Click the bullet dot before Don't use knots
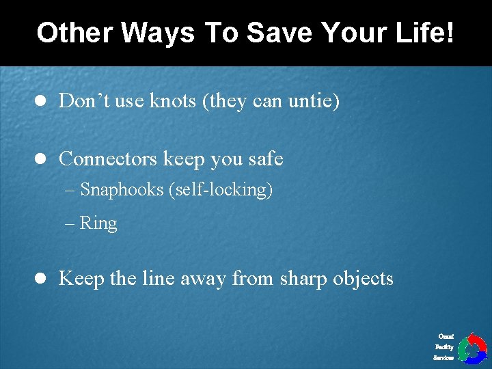pos(40,102)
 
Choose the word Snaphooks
pos(122,190)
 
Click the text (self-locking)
pos(220,190)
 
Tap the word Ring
pos(98,223)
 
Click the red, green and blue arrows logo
pos(471,348)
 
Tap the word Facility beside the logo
pos(444,347)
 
